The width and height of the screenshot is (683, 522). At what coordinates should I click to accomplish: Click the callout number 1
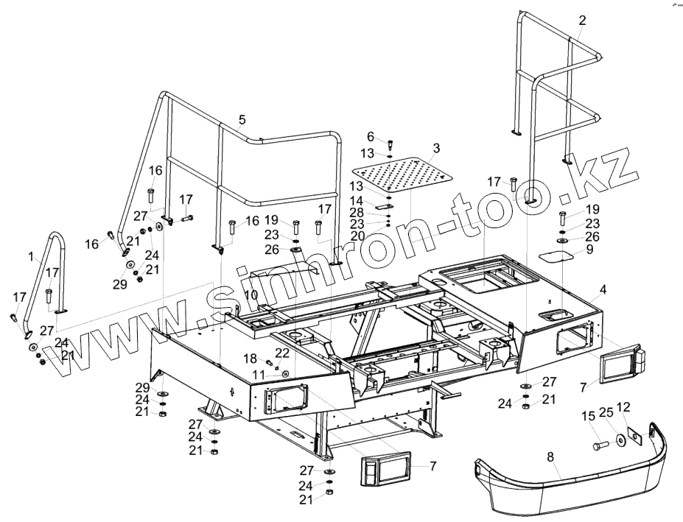tap(31, 257)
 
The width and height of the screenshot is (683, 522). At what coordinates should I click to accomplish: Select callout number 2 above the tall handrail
tap(582, 20)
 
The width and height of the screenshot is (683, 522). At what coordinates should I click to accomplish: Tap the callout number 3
tap(436, 148)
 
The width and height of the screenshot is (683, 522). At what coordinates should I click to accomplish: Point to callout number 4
tap(603, 289)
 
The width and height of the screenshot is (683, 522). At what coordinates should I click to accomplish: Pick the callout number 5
tap(242, 119)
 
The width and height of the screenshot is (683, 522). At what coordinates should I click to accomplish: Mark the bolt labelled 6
tap(389, 144)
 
